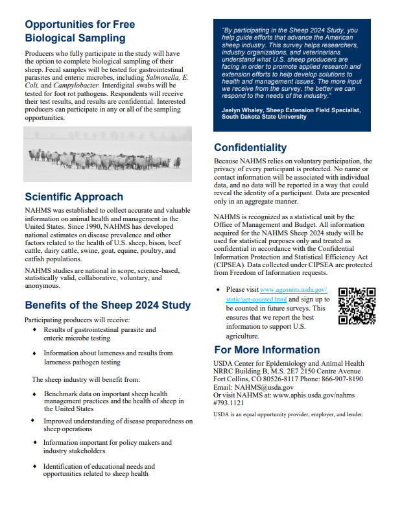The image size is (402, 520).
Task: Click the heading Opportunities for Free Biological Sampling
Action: (80, 31)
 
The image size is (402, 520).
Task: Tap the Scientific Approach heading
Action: (74, 196)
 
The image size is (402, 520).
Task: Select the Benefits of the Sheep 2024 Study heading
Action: (108, 305)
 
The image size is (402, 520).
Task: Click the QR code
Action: (357, 305)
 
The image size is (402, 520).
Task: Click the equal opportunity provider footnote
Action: (288, 414)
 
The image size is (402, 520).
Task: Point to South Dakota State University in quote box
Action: (264, 117)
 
